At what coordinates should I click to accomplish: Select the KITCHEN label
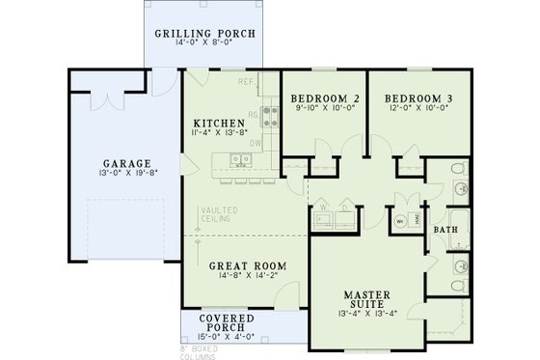click(219, 124)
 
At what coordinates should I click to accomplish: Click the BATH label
click(445, 231)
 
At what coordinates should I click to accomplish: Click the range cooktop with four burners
click(269, 117)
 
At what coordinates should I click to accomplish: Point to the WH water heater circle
click(398, 220)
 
